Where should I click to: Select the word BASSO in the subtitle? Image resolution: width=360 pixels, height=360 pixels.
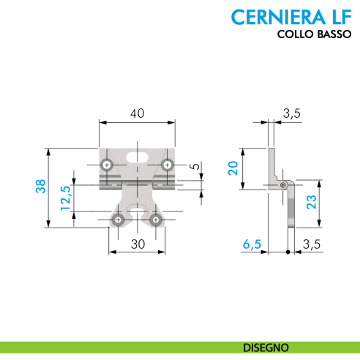pos(332,35)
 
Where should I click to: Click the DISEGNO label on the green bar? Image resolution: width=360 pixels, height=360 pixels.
pos(265,346)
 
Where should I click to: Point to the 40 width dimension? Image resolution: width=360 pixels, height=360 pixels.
pos(137,114)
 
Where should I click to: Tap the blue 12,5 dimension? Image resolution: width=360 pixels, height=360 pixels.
pos(65,199)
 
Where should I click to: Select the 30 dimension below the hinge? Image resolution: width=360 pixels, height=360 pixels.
pos(137,246)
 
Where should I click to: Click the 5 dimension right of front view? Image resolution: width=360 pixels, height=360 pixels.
pos(194,167)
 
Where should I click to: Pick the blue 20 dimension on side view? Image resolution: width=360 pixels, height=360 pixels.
pos(233,169)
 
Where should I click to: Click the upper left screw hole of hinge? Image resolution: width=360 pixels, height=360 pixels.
pos(107,165)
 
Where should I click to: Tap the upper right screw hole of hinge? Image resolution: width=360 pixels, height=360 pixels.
pos(167,165)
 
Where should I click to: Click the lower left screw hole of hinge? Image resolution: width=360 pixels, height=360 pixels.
pos(117,220)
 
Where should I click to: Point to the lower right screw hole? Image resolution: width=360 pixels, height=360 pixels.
pos(155,220)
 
